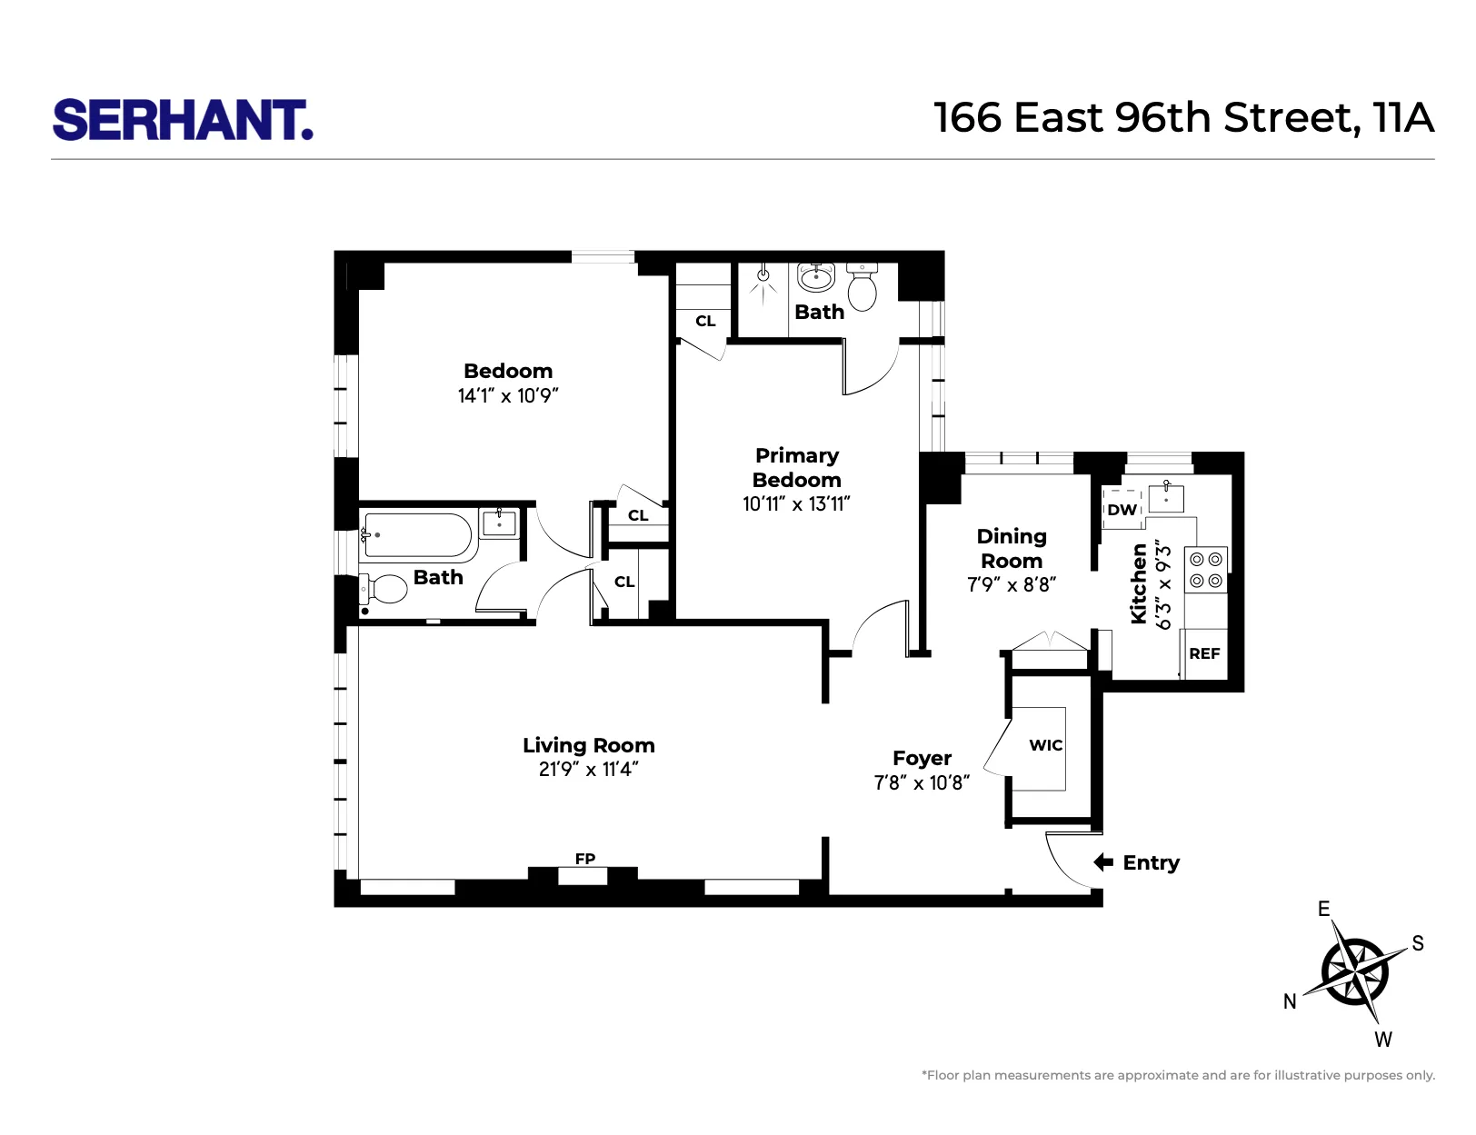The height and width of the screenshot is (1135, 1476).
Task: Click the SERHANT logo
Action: click(x=183, y=120)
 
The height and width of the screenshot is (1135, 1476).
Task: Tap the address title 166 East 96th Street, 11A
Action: click(x=1183, y=118)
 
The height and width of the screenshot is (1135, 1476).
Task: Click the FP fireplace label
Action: click(x=584, y=859)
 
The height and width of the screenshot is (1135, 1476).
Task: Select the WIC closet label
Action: click(x=1045, y=745)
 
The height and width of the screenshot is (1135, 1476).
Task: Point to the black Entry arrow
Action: click(x=1102, y=862)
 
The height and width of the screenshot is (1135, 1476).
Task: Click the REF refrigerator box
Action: click(x=1204, y=653)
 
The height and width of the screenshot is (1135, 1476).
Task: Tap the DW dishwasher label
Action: click(x=1122, y=510)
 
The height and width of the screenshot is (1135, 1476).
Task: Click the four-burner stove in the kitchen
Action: click(x=1206, y=570)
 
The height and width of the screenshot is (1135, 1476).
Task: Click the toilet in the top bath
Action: click(x=862, y=287)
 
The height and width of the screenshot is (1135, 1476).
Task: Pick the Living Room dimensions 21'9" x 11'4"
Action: click(x=588, y=770)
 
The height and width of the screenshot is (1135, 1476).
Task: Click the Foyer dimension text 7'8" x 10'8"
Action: click(x=922, y=782)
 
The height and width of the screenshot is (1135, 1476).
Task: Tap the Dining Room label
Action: click(x=1012, y=548)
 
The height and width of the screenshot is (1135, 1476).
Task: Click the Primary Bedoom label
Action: click(x=796, y=467)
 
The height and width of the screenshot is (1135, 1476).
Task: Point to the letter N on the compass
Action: click(x=1289, y=1001)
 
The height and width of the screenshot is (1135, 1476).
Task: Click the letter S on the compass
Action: click(x=1417, y=943)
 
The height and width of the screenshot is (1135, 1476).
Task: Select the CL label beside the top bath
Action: click(x=705, y=321)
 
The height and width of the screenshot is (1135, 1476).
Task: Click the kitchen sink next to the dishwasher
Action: click(x=1166, y=498)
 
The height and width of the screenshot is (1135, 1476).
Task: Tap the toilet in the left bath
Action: click(x=385, y=589)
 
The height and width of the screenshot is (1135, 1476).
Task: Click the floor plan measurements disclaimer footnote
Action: click(x=1178, y=1075)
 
